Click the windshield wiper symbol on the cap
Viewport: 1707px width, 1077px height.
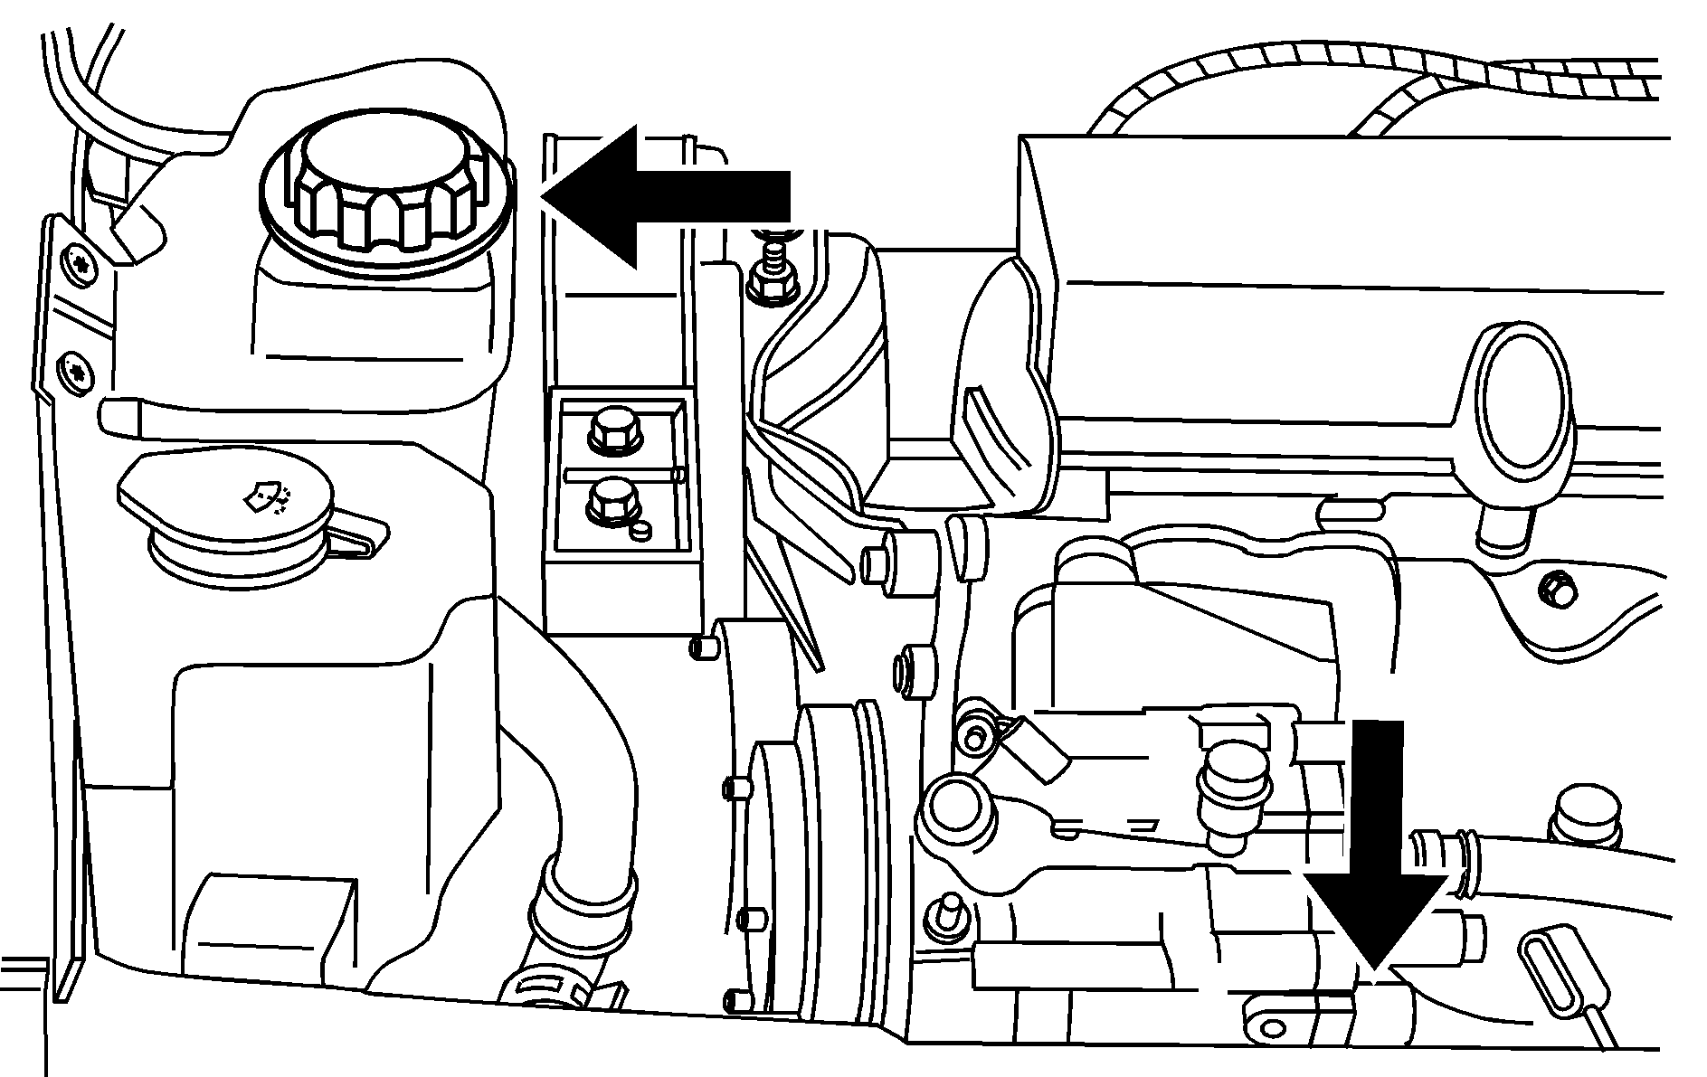tap(266, 496)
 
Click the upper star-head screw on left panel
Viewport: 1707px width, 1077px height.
tap(79, 264)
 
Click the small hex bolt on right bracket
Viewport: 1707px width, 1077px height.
tap(1553, 590)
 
